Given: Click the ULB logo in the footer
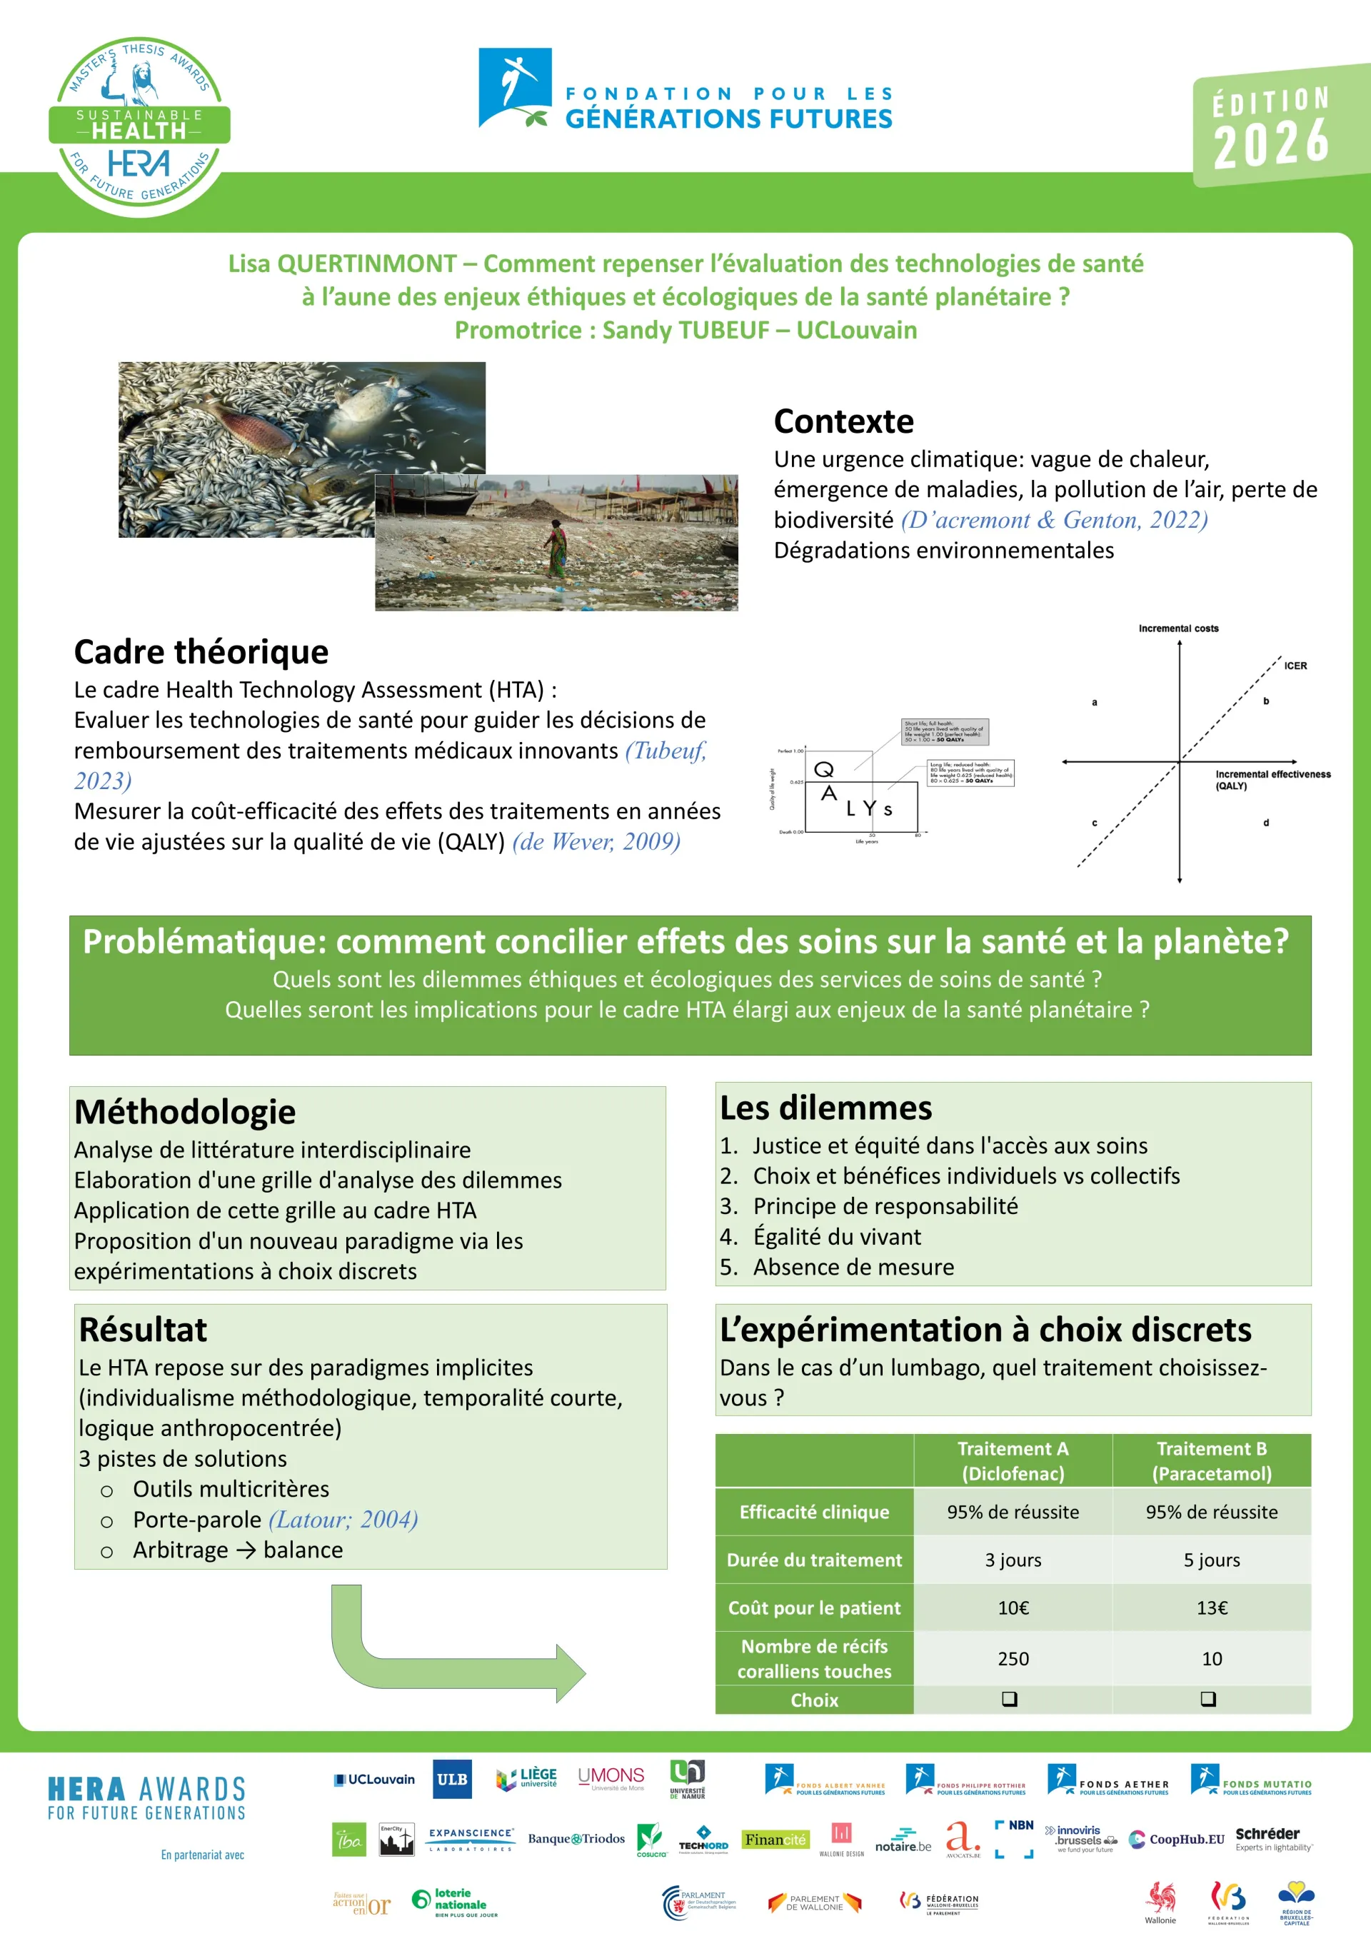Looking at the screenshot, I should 451,1779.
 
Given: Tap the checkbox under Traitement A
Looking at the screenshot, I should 1009,1699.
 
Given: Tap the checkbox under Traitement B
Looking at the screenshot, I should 1208,1699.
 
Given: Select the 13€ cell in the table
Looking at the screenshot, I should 1211,1608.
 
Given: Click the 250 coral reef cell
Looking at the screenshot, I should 1013,1659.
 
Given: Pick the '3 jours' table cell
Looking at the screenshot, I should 1013,1560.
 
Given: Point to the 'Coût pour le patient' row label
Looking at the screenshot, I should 814,1608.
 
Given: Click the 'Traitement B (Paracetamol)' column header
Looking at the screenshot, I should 1211,1461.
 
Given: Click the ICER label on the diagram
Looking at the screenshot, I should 1295,666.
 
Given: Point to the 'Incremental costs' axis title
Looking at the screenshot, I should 1178,628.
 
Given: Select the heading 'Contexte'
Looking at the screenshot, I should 843,421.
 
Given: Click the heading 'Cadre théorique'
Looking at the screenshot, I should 201,652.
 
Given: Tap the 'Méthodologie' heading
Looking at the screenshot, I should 185,1112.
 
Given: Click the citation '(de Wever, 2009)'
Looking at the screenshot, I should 596,841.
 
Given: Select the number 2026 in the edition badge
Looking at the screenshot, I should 1271,143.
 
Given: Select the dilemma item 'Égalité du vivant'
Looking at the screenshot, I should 837,1237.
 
